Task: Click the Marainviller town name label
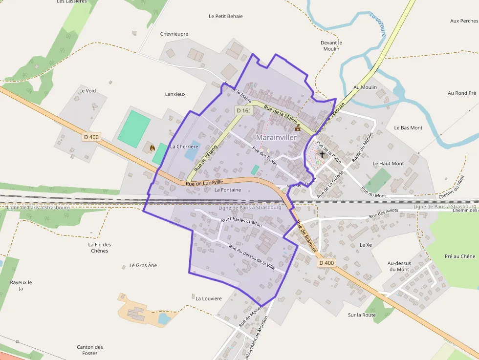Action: click(276, 138)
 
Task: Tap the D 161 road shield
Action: click(243, 110)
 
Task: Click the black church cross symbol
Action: click(322, 154)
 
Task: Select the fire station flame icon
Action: click(152, 147)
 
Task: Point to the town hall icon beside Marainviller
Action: click(298, 127)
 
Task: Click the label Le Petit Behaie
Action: click(225, 16)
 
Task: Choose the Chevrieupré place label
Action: click(174, 34)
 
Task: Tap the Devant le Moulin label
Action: click(331, 46)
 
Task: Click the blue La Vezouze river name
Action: click(378, 24)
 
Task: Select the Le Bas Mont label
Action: click(408, 128)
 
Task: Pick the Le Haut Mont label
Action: click(388, 164)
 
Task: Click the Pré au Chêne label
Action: click(460, 256)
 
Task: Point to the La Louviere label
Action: click(209, 298)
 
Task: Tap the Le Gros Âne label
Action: click(143, 266)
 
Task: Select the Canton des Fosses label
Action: click(90, 350)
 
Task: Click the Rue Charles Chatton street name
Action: click(241, 223)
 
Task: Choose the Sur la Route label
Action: click(362, 315)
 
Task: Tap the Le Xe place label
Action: click(366, 245)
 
